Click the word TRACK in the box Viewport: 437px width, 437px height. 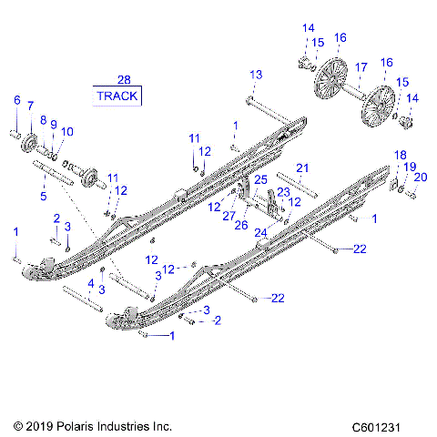tap(117, 96)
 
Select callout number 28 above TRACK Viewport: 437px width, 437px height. tap(124, 80)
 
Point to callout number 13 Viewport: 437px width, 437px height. tap(256, 74)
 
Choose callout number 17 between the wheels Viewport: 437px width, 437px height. tap(361, 66)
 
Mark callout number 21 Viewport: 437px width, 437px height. tap(302, 168)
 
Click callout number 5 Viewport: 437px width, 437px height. tap(43, 194)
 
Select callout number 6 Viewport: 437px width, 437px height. tap(16, 100)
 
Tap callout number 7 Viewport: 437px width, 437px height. tap(30, 106)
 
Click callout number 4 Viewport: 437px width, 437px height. tap(90, 283)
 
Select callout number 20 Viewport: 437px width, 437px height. tap(420, 177)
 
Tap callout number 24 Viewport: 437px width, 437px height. tap(260, 232)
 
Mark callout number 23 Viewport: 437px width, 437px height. tap(282, 192)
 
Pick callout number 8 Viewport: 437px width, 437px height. tap(42, 120)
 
